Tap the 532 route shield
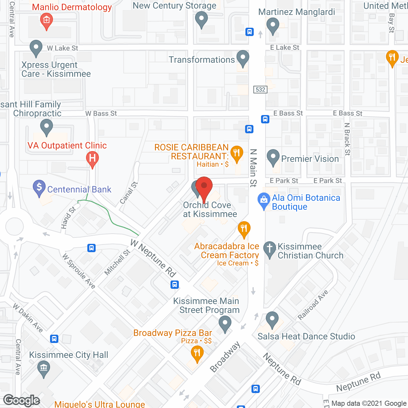coord(260,90)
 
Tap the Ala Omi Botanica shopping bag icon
coord(264,200)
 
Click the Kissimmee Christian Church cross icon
coord(270,249)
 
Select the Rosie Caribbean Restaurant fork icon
coord(237,154)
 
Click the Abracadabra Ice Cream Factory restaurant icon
coord(244,229)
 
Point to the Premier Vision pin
coord(273,157)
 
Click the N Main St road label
coord(253,168)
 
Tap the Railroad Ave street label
coord(313,305)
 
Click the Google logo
coord(22,400)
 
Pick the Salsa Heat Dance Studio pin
coord(272,319)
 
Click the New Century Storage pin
coord(201,19)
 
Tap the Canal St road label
coord(129,193)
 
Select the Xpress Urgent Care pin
coord(36,47)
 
